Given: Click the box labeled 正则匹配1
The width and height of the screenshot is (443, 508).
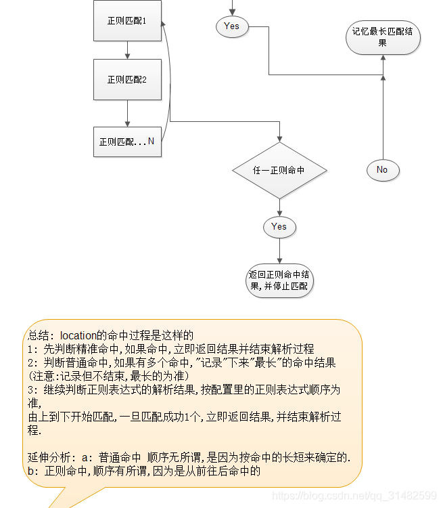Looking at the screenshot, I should (x=127, y=21).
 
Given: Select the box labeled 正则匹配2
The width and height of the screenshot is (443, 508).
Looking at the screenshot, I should (x=127, y=79).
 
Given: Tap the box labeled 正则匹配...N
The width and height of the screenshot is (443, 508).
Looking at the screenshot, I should (x=127, y=142).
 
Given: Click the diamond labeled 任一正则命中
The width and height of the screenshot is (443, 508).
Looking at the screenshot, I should (x=279, y=170).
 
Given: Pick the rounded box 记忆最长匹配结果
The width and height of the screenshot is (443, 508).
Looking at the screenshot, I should (x=383, y=37).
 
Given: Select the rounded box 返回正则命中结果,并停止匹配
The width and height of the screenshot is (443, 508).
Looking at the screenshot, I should (x=279, y=280).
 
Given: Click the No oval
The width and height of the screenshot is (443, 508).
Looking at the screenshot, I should (x=382, y=169).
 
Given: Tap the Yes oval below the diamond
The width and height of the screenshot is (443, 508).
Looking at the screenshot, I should (x=279, y=227).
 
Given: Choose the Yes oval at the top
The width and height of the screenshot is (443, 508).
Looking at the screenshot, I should (x=231, y=26).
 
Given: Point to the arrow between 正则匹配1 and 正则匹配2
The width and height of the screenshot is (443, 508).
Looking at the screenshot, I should (x=127, y=50).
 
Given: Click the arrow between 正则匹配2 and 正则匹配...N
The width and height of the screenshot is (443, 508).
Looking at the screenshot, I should (x=127, y=114).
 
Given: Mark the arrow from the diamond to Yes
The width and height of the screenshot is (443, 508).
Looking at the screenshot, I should (x=279, y=207).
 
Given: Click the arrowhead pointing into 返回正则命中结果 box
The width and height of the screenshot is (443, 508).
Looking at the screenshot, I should (x=279, y=259).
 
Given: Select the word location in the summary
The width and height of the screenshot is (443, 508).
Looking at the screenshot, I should (x=81, y=335).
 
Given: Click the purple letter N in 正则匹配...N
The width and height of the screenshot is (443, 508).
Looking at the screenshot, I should (x=151, y=142).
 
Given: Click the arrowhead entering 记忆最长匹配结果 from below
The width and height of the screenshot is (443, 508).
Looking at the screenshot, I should (x=383, y=59).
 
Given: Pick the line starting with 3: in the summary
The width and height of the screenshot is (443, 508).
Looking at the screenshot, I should (x=183, y=389).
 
